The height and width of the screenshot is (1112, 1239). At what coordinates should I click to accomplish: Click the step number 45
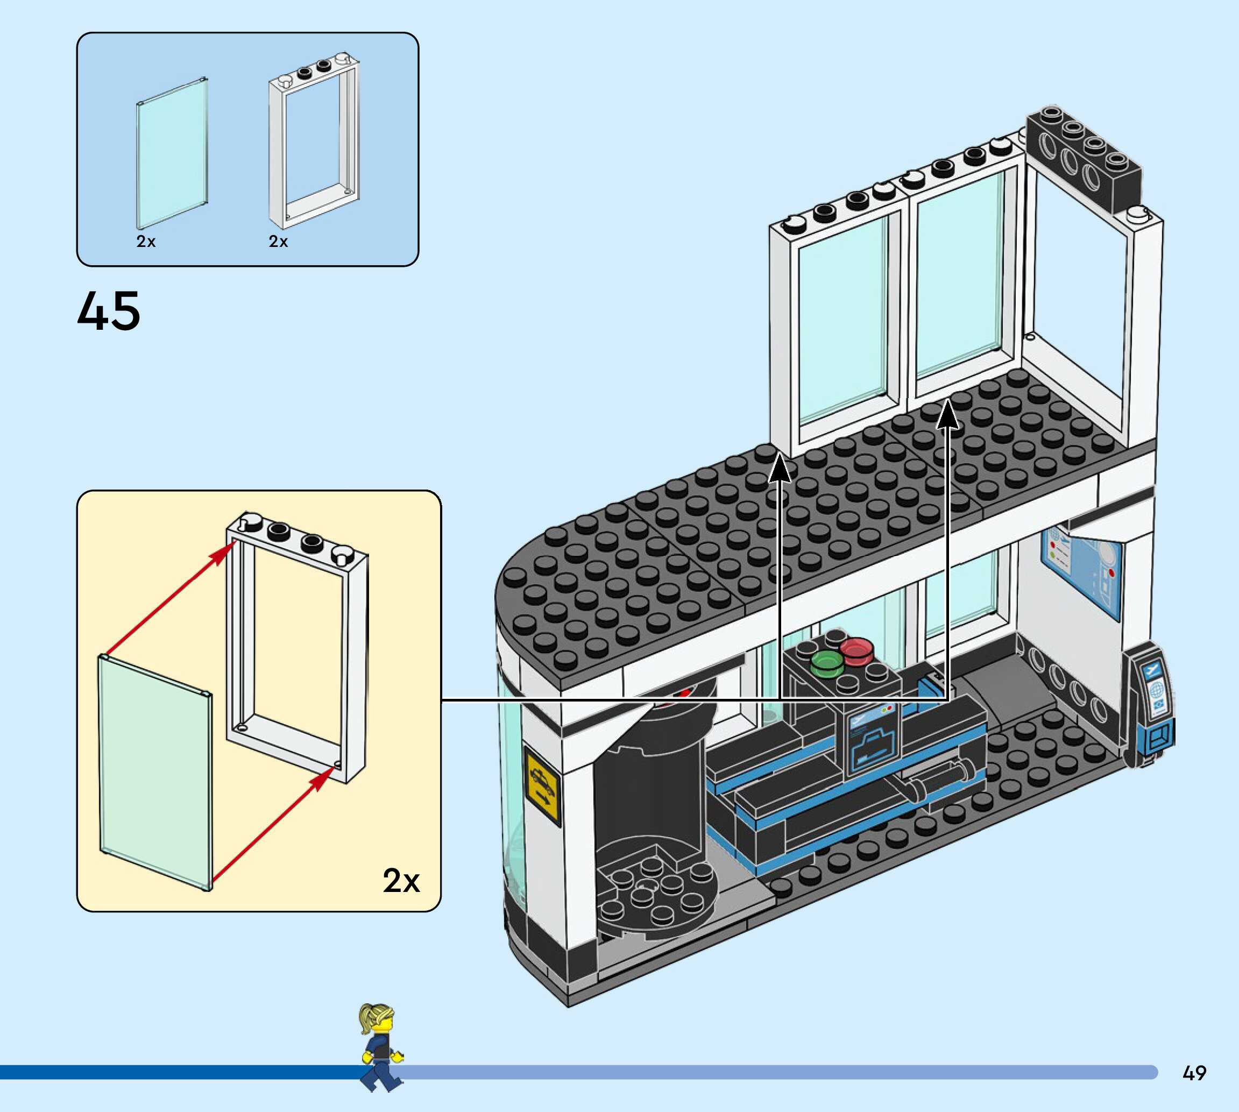109,311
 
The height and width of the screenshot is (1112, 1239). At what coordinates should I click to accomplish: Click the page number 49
1194,1073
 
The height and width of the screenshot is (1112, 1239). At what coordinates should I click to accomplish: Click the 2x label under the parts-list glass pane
146,242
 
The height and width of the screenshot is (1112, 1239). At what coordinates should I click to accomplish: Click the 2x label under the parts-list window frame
279,242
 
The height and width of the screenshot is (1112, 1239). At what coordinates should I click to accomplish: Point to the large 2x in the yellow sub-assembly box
401,881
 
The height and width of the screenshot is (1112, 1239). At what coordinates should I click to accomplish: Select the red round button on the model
856,650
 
